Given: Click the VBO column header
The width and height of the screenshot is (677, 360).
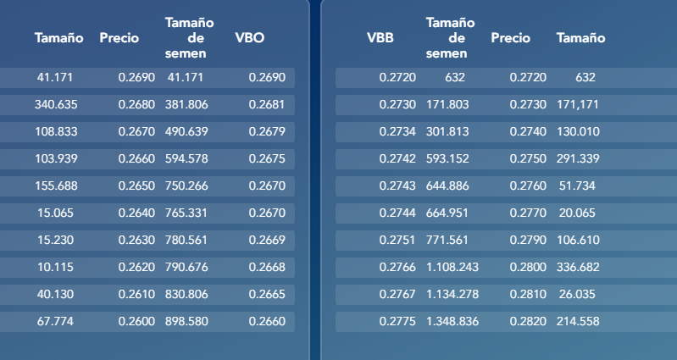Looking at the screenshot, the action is [250, 38].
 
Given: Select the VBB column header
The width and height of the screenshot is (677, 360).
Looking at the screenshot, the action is [380, 38].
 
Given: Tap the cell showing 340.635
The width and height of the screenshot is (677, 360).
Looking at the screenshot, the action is [56, 104].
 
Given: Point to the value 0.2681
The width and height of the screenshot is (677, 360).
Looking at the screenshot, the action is [267, 104].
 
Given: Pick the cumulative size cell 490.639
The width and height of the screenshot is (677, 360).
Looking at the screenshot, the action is [186, 131].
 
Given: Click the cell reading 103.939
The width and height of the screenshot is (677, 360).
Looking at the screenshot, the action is [56, 159].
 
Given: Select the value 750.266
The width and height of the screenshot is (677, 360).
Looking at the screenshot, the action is [186, 186].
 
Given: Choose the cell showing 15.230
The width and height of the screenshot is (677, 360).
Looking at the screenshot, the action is [56, 240].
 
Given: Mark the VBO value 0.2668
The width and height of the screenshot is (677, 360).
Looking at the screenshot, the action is [267, 267].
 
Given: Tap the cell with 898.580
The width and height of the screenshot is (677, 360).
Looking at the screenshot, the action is [186, 322].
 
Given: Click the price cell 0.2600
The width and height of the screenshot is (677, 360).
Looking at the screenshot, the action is [136, 322].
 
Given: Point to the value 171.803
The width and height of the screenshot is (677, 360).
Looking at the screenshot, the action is [447, 104].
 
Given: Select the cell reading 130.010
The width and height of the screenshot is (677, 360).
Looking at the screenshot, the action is [578, 131].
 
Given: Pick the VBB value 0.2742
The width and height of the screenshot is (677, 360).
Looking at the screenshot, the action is [397, 159].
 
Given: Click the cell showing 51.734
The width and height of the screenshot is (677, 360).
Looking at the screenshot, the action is [577, 186].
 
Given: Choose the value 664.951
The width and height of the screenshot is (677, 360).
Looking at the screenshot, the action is [447, 213].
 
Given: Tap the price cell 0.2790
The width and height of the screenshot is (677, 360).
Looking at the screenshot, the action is [528, 240].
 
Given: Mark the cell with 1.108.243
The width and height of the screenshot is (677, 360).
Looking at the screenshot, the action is [452, 267].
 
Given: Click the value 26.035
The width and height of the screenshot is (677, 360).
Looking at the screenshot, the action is [577, 295].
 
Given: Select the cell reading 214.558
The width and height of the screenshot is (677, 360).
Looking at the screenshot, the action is [578, 322].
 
